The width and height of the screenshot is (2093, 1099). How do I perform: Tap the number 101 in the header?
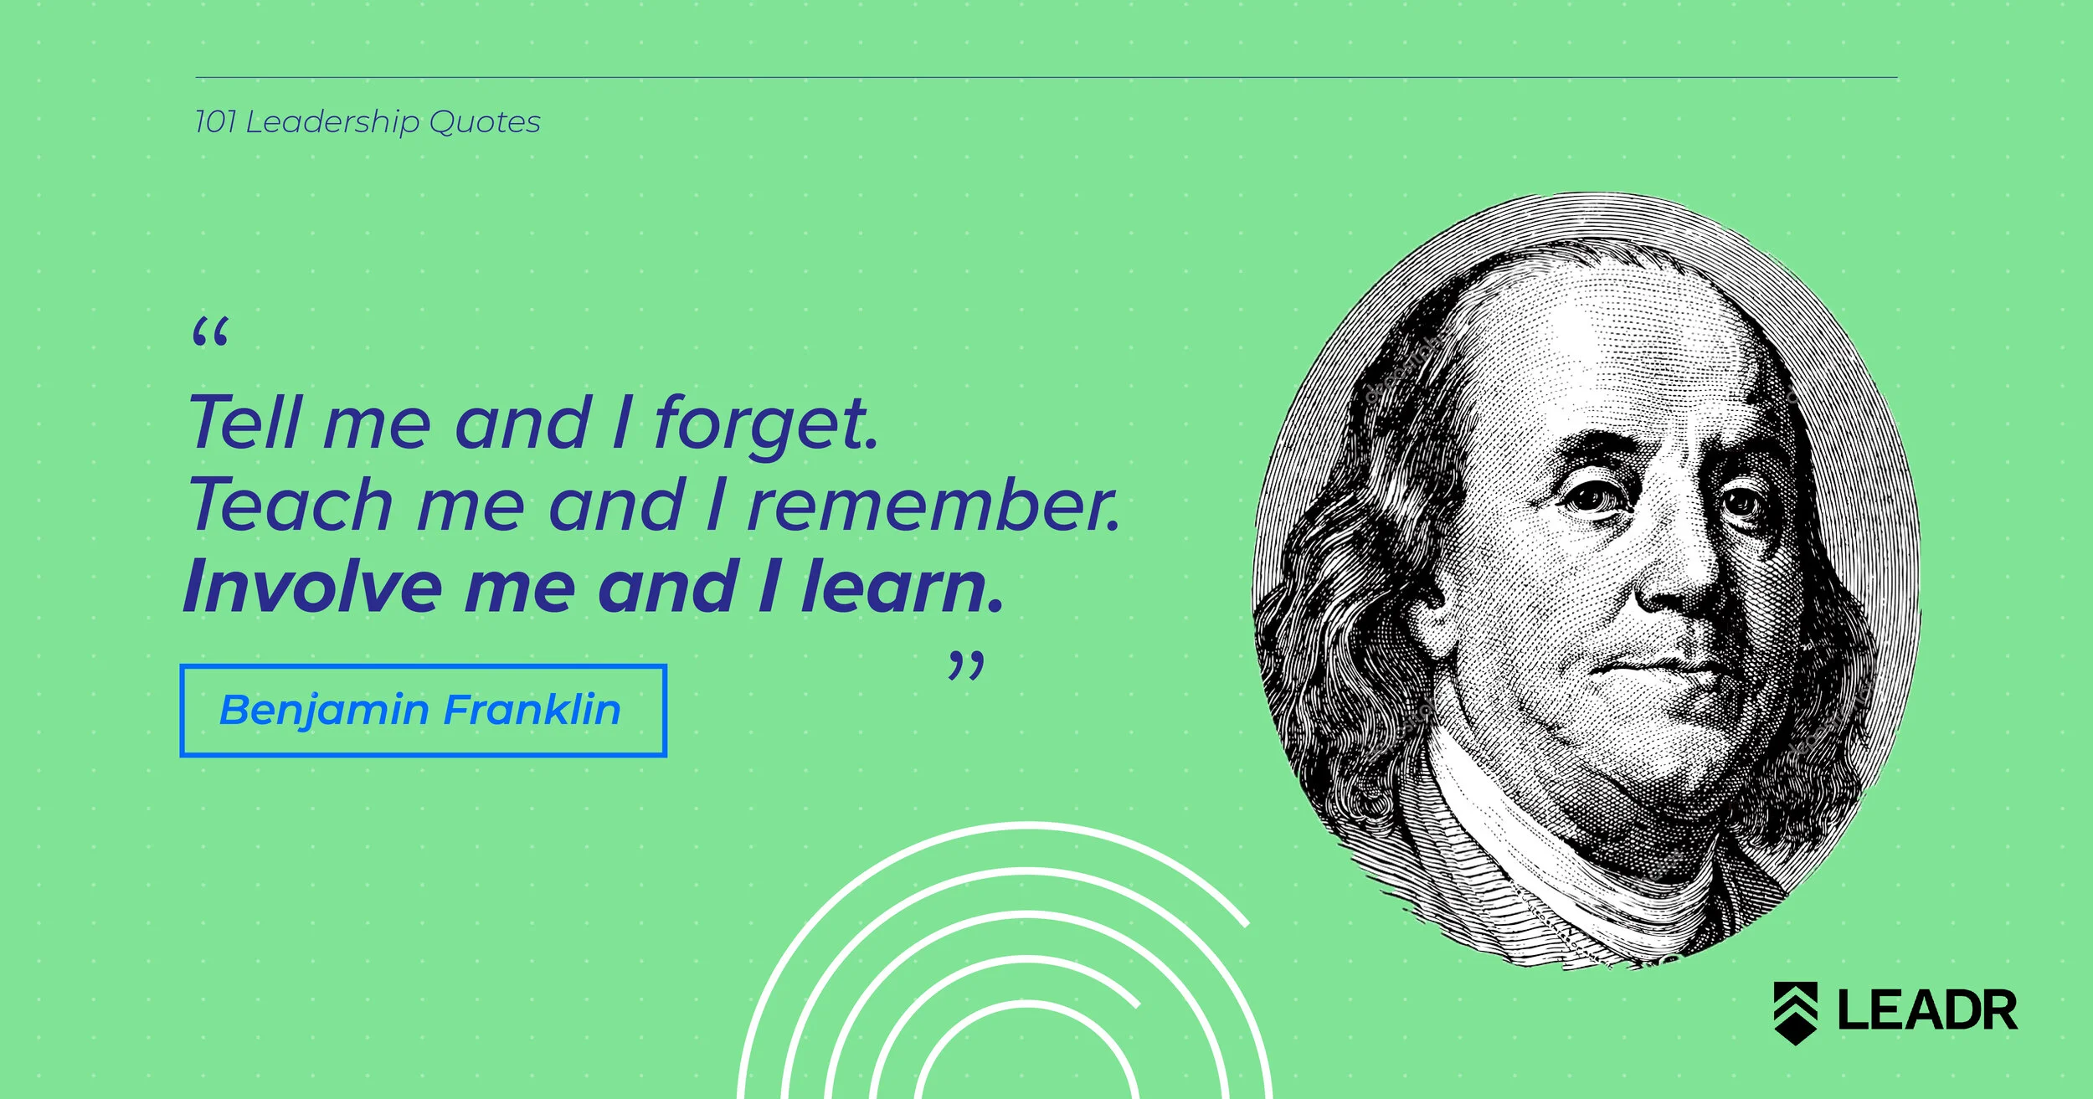click(x=214, y=122)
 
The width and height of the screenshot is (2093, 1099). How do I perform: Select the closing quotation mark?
click(x=965, y=667)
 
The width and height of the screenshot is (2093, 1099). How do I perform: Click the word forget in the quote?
click(x=765, y=424)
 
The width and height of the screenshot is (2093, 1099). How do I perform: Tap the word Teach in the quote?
click(x=290, y=505)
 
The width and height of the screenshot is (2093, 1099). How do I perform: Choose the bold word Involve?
click(x=311, y=587)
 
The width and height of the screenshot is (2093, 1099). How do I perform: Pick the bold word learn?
click(x=901, y=587)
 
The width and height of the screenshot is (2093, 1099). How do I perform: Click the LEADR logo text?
click(x=1927, y=1010)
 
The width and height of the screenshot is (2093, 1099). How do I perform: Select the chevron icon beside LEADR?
click(x=1795, y=1012)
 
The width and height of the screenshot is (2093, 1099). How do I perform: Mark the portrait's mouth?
click(x=1666, y=665)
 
